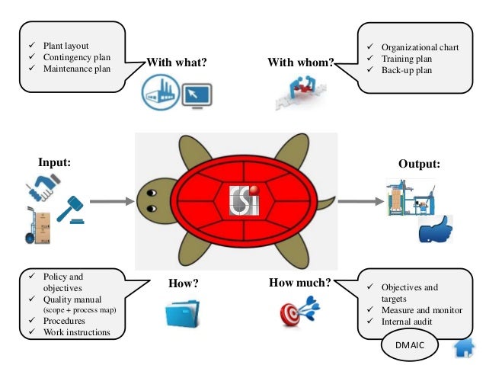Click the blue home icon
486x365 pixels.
pos(463,349)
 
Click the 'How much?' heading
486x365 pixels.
pos(299,283)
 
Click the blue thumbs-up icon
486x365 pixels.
pos(436,229)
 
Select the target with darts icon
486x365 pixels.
pos(300,312)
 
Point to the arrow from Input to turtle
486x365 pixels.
pos(109,203)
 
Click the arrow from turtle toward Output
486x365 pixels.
pos(360,201)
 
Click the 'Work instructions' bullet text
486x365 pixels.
pos(77,332)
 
